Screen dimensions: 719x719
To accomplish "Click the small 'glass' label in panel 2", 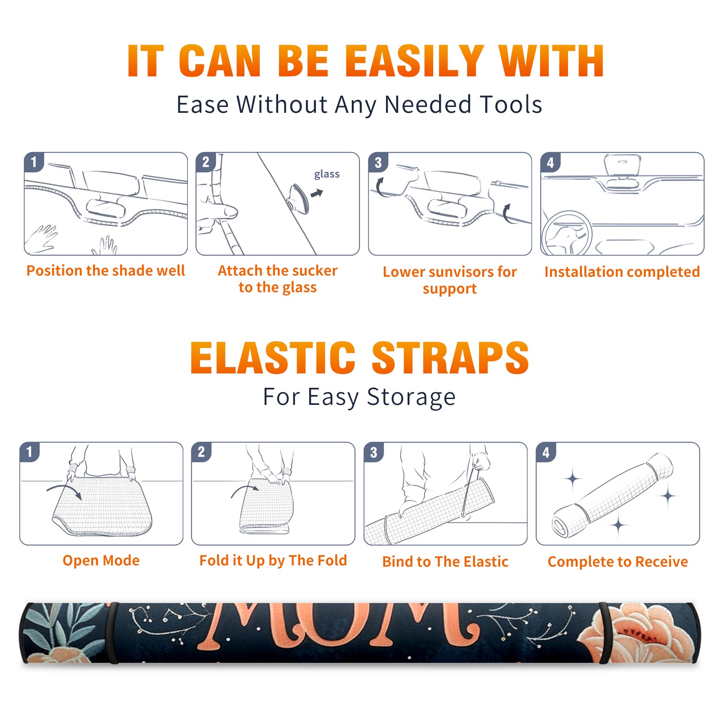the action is coord(327,174).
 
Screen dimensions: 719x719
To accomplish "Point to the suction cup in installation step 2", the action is coord(298,198).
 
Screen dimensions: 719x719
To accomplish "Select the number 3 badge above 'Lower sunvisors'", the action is coord(378,162).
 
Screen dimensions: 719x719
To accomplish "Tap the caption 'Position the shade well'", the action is coord(106,271).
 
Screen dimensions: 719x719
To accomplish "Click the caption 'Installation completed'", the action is coord(622,272).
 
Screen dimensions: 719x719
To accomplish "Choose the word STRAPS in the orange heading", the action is coord(450,358).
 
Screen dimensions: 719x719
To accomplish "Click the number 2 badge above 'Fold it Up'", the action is coord(201,452).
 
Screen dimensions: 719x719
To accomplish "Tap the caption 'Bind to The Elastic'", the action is coord(445,562).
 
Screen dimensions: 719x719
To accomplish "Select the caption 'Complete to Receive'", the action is coord(618,562).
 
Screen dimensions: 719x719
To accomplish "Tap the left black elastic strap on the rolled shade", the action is coord(112,633).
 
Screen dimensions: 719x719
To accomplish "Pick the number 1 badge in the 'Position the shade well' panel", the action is coord(34,162).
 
